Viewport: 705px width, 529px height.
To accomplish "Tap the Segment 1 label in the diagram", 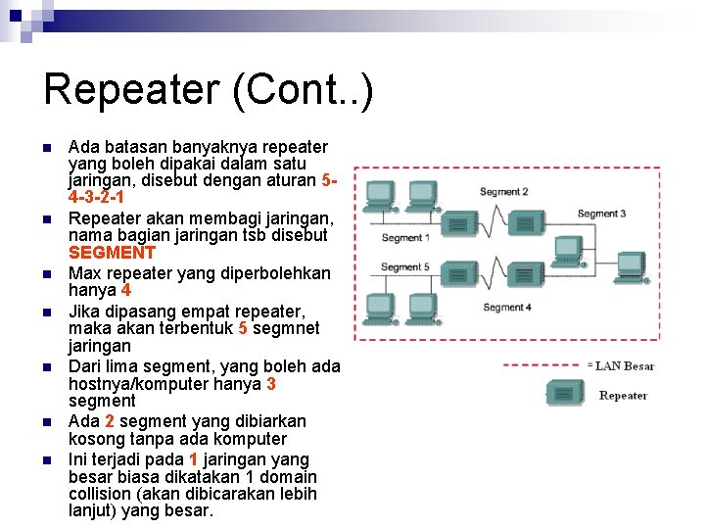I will [403, 237].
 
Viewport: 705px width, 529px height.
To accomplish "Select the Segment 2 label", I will [503, 192].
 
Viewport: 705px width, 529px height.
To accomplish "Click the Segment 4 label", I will [506, 307].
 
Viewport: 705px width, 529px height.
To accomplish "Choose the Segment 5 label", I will [404, 266].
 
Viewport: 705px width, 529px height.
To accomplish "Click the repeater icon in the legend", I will [566, 395].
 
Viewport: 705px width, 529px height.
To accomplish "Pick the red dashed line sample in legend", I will [542, 365].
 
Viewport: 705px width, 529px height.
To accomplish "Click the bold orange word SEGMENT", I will [112, 254].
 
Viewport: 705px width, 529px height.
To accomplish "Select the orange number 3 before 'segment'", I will [270, 384].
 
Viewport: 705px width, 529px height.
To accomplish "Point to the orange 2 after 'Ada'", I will [111, 421].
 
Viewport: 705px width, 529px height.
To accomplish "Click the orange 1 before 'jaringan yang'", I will [194, 459].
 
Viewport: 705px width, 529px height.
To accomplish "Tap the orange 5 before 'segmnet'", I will [242, 328].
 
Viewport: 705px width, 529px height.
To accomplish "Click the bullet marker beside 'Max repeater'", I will [47, 274].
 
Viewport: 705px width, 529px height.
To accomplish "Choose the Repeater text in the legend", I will [623, 396].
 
